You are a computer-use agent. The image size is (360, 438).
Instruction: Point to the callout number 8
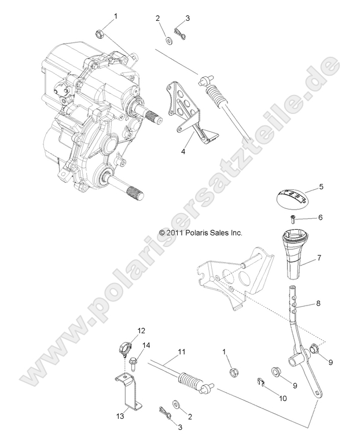click(317, 303)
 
